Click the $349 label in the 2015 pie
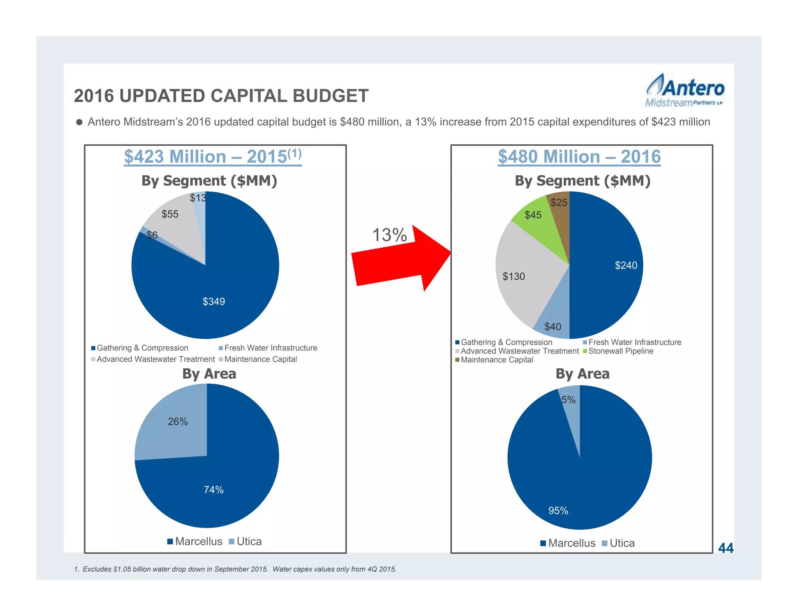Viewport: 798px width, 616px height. coord(214,301)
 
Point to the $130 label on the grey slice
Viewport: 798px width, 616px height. coord(514,276)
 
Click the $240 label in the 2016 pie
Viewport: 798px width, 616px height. coord(626,266)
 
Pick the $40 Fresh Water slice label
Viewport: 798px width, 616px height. coord(553,326)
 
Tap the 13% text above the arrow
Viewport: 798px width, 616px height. coord(389,235)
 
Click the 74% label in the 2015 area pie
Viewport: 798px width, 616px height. coord(214,490)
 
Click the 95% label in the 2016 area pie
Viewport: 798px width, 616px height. coord(558,510)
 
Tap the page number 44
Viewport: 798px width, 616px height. coord(726,548)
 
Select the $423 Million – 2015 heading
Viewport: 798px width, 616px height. coord(213,157)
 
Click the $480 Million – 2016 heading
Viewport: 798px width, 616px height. coord(579,157)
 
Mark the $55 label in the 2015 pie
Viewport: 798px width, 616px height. coord(170,214)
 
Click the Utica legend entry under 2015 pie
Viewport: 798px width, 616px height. coord(245,542)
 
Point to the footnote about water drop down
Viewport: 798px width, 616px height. coord(235,569)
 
